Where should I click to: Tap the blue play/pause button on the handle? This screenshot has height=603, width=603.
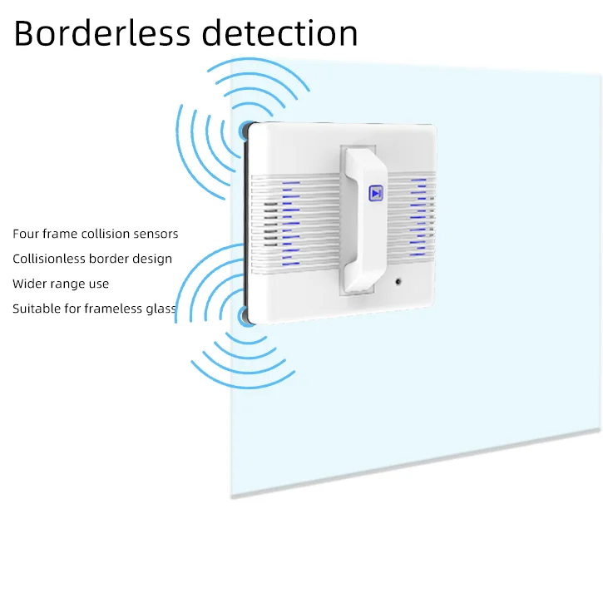[375, 193]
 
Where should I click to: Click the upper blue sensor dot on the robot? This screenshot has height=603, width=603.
[245, 130]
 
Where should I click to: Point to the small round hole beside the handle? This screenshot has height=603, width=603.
[398, 280]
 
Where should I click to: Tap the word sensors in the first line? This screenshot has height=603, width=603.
[155, 234]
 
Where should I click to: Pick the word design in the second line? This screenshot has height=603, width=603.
[152, 259]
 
